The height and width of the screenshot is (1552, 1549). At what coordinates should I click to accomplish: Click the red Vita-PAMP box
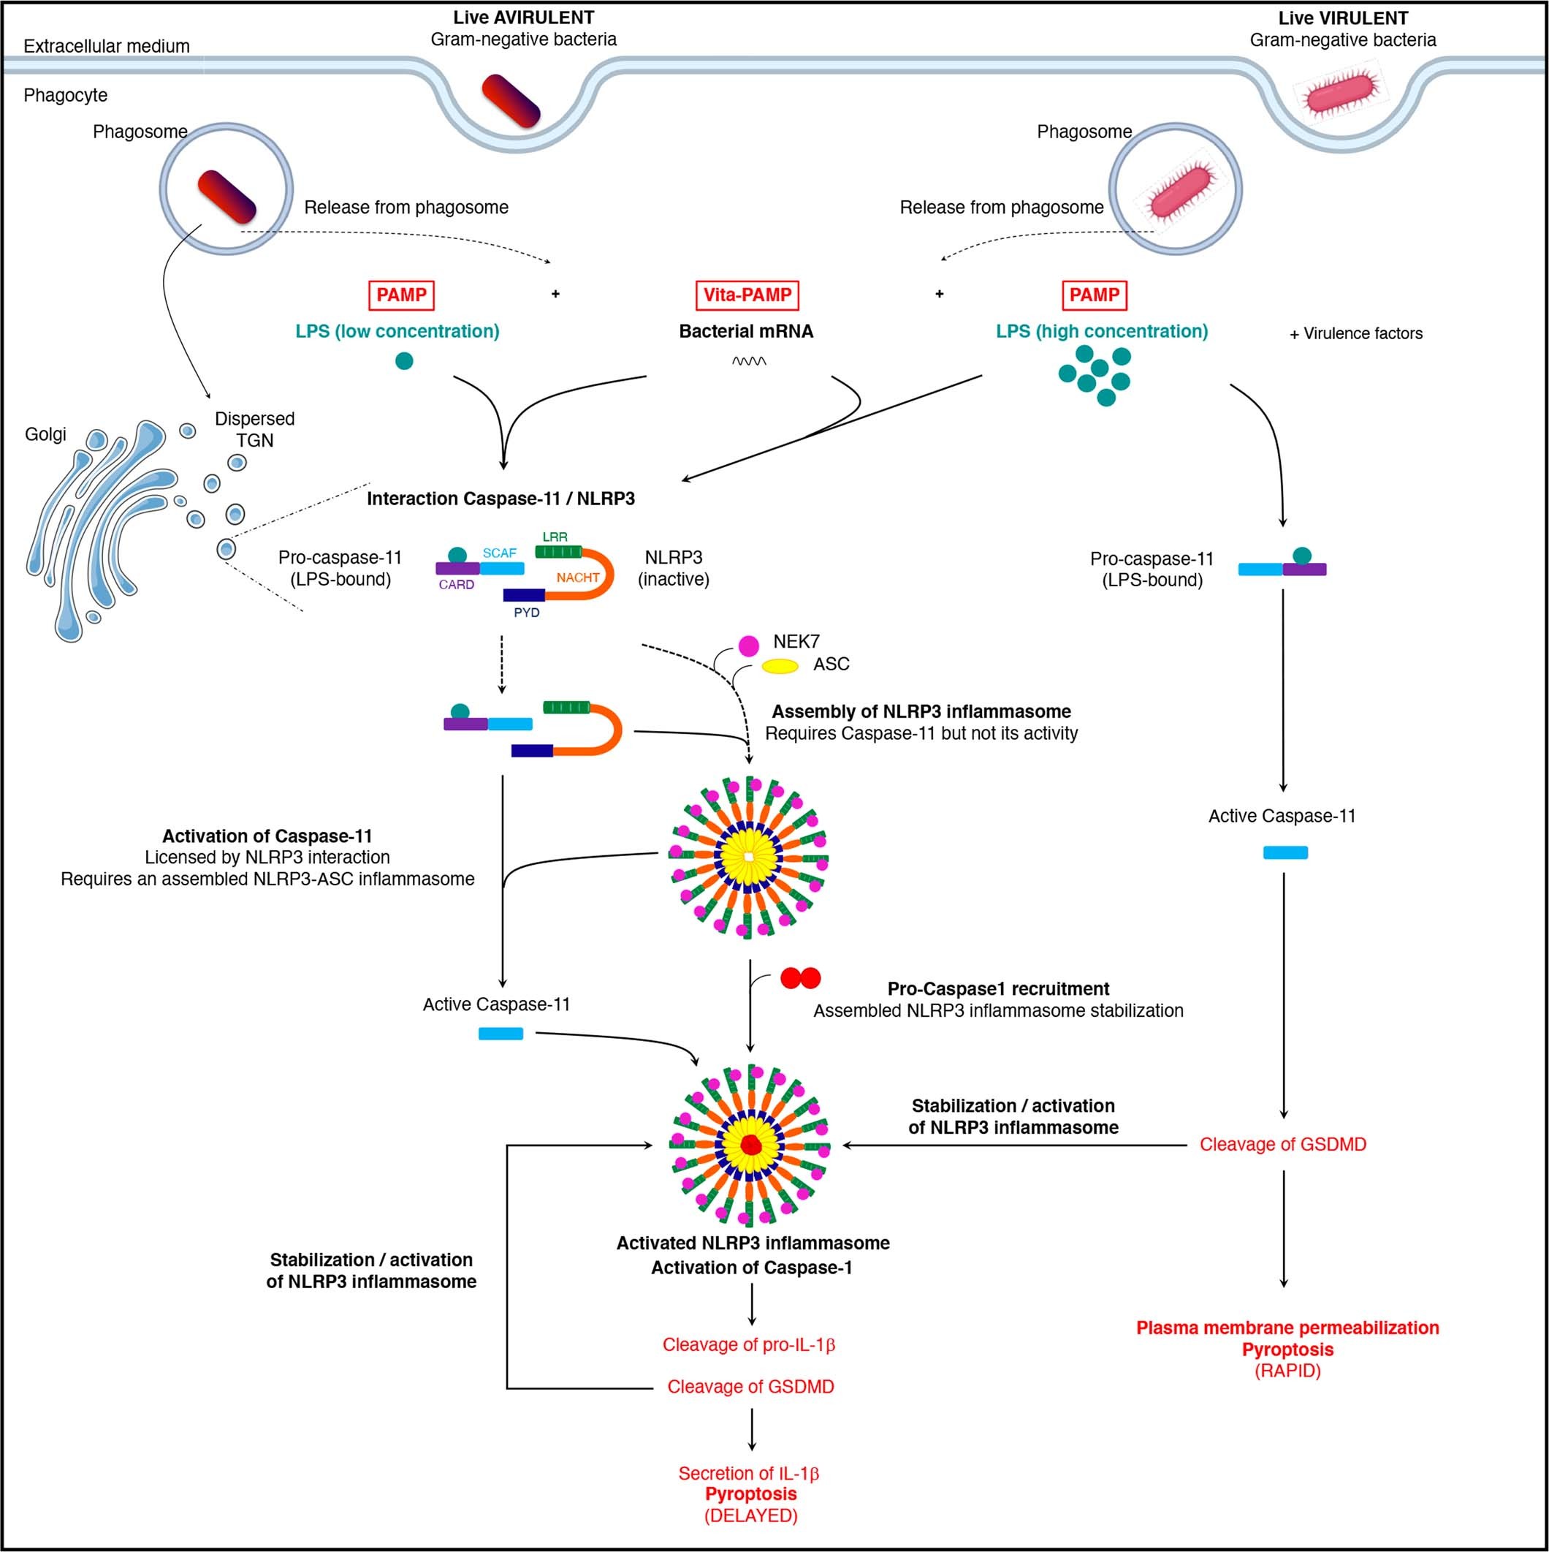tap(747, 295)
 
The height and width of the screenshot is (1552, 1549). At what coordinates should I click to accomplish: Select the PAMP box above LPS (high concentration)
tap(1094, 295)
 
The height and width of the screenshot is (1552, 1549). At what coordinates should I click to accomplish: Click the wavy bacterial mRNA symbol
tap(748, 361)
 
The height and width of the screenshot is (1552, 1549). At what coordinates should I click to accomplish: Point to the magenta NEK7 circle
tap(748, 645)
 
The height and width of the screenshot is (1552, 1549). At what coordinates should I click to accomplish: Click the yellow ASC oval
tap(780, 666)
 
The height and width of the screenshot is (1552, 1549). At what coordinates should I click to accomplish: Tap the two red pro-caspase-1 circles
tap(801, 978)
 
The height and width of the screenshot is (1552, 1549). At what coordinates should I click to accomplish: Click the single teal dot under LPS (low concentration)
tap(404, 360)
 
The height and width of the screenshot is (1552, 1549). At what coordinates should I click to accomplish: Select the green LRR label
tap(555, 537)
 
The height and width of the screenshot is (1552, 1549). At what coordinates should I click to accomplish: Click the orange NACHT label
tap(577, 578)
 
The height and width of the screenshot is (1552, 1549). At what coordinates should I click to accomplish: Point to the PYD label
tap(527, 613)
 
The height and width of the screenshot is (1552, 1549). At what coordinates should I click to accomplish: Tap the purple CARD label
tap(456, 585)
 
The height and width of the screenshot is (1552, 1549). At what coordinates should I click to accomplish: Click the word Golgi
tap(46, 434)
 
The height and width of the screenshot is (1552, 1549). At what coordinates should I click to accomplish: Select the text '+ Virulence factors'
tap(1355, 333)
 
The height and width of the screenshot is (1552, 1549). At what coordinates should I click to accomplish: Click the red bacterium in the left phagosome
tap(227, 196)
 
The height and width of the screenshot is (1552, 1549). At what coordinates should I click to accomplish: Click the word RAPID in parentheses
tap(1287, 1371)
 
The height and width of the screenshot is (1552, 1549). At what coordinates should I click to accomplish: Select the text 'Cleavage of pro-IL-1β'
tap(748, 1344)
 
